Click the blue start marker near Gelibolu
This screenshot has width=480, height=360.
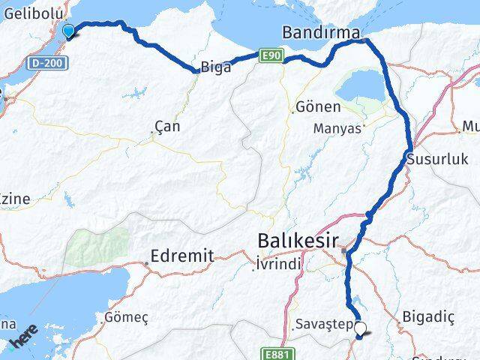click(69, 31)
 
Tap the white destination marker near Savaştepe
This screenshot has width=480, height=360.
click(361, 328)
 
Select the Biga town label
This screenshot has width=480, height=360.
click(215, 65)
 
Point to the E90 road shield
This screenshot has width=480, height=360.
click(271, 55)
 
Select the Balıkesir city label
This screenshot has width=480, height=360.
click(298, 241)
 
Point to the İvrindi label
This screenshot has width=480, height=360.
click(278, 264)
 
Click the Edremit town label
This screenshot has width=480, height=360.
click(182, 256)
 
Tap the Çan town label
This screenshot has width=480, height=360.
click(167, 126)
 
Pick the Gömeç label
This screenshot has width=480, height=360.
click(127, 317)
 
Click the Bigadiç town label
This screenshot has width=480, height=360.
click(429, 316)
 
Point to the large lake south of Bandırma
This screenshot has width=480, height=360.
click(362, 91)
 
